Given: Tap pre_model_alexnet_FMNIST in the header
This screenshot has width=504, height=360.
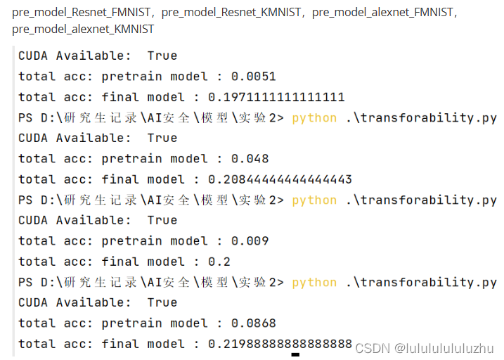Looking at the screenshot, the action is coord(383,13).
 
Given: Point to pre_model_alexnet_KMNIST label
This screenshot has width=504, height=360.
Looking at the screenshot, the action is coord(83,30).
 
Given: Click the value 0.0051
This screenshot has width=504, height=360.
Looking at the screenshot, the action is coord(253,76).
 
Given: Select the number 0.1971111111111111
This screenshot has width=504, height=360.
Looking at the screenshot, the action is coord(276,97).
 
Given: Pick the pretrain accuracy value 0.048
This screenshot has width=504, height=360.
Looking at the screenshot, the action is coord(250,158).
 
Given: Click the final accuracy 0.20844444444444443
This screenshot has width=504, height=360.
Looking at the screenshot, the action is coord(280,179).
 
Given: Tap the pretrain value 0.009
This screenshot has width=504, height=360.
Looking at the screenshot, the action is coord(250,240).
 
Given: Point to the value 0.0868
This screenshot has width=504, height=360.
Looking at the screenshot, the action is coord(253,323).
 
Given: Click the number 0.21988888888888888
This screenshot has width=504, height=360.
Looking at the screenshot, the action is coord(280,344).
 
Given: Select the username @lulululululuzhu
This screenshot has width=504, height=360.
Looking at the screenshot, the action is coord(444,348).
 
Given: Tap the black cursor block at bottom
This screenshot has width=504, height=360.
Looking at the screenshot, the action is coord(295,356).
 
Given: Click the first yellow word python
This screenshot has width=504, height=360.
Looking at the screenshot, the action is coord(314,117).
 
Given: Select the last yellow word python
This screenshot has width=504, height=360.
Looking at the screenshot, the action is coord(314,282).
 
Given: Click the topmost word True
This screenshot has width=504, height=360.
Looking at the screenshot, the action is coord(162,56).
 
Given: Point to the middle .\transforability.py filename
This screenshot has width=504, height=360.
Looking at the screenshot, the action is coord(421,200).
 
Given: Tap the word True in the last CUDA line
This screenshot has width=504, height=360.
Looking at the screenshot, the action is coord(162,302).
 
